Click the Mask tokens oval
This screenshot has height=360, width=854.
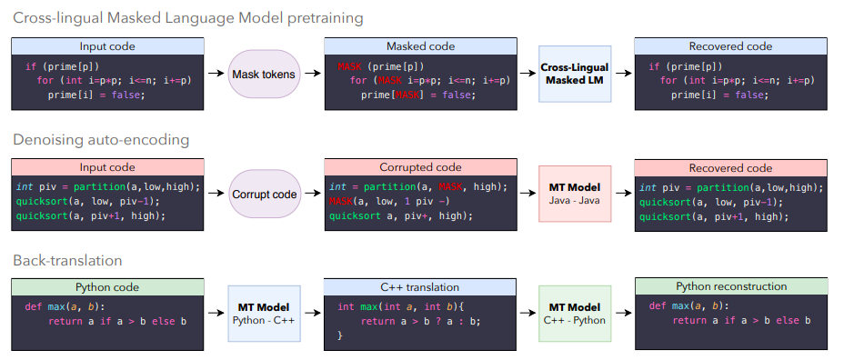(264, 74)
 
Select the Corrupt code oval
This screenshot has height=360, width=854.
(264, 194)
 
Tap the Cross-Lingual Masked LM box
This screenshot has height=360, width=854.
(575, 74)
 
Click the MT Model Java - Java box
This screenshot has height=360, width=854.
(575, 194)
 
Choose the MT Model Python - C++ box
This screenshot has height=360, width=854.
(264, 314)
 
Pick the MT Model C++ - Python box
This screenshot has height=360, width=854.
(575, 314)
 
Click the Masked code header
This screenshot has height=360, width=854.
(420, 46)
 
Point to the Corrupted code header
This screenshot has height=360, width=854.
(420, 167)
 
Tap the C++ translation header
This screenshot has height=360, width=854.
(419, 287)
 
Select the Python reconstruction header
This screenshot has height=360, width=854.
(731, 286)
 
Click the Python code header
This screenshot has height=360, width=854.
(107, 287)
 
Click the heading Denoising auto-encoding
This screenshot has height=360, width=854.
(101, 140)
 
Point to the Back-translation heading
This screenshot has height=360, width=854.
(67, 260)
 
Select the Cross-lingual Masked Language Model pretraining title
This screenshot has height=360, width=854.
(188, 18)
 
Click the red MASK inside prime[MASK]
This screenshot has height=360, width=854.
(407, 95)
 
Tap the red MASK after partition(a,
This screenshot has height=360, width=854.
(450, 187)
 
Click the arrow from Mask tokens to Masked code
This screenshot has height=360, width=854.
(313, 74)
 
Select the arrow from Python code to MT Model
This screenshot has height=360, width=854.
(216, 313)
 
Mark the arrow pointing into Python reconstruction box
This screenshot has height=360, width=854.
(624, 313)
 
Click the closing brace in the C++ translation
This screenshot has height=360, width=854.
(340, 335)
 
